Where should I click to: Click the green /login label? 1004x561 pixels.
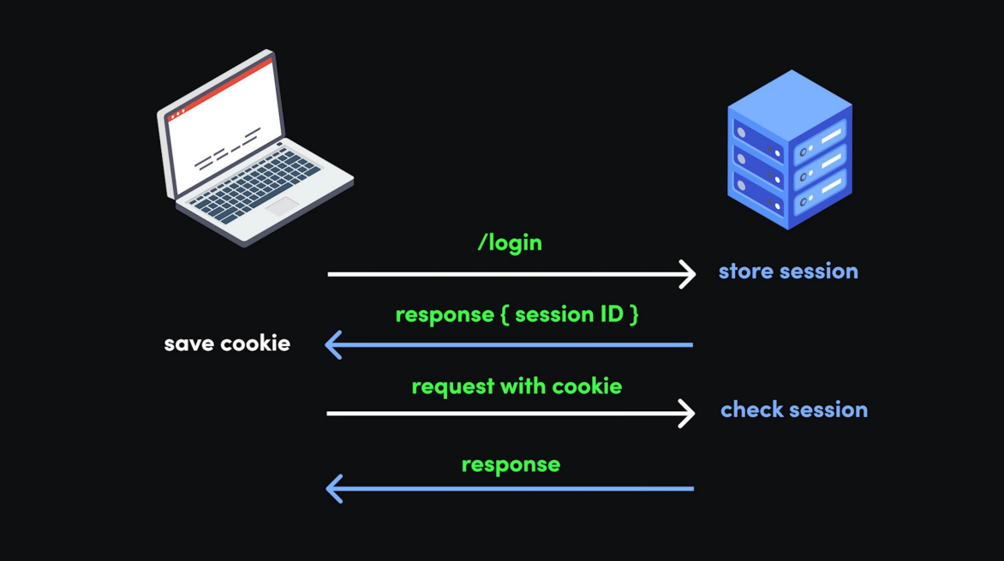pos(510,243)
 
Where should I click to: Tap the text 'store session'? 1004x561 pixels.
pos(788,272)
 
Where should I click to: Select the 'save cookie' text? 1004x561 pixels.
pos(227,343)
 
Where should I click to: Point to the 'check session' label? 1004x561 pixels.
pos(794,410)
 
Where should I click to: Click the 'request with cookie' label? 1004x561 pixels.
pos(517,386)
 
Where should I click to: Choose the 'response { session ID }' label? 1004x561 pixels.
pos(517,314)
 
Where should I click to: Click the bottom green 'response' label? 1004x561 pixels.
pos(511,464)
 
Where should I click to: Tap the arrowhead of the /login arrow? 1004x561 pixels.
pos(688,274)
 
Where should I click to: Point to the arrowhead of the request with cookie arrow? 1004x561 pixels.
pos(687,413)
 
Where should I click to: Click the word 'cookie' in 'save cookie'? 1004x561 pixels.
pos(257,343)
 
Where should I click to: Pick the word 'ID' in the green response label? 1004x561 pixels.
pos(611,314)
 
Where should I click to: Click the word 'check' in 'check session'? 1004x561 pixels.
pos(748,410)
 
